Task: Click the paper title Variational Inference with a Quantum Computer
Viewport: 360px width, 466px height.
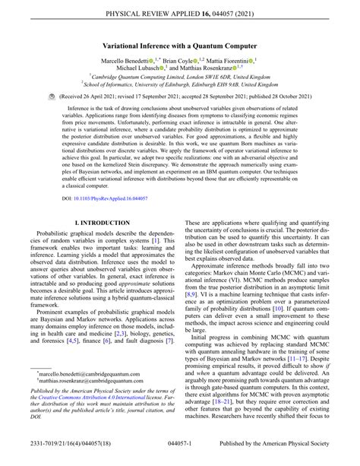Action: (179, 46)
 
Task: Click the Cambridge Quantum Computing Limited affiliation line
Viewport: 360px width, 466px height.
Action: (180, 78)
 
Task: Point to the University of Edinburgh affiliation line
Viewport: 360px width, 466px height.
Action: (180, 86)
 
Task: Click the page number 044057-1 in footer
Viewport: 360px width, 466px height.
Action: (180, 456)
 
